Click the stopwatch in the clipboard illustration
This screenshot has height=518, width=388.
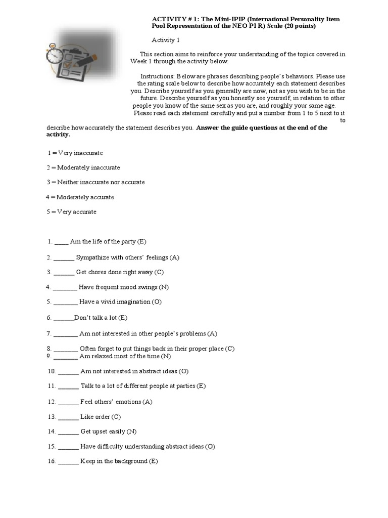[55, 55]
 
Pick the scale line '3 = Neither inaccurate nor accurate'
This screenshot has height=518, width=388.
[95, 182]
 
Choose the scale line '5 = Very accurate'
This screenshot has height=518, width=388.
[71, 212]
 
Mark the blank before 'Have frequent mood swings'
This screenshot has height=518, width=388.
[65, 287]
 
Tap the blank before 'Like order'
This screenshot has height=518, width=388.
[68, 417]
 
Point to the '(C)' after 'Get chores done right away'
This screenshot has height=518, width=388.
[159, 272]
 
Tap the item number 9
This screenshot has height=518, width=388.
[48, 356]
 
